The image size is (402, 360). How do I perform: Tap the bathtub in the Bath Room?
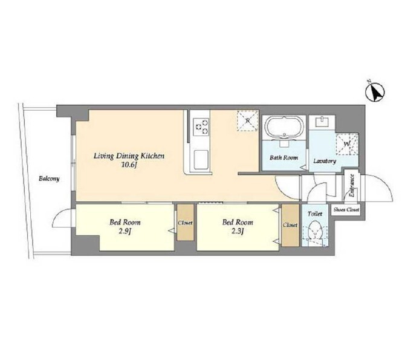[x=284, y=127]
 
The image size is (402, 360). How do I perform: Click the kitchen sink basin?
[x=201, y=160]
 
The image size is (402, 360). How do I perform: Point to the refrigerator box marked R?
[x=247, y=120]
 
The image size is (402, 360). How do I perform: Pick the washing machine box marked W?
[x=347, y=144]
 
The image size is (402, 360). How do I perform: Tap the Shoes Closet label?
[x=346, y=209]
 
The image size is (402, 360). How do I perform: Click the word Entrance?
[x=352, y=186]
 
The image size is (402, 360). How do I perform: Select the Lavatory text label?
[x=325, y=161]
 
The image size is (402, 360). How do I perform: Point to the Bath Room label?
[x=284, y=157]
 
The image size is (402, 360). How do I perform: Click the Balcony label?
[x=49, y=178]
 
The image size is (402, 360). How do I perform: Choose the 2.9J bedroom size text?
[x=125, y=232]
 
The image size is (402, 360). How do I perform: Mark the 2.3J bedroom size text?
[x=238, y=232]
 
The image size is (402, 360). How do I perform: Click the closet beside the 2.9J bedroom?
[x=186, y=223]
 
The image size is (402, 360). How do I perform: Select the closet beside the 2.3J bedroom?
[x=290, y=225]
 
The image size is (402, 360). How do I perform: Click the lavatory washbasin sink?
[x=322, y=122]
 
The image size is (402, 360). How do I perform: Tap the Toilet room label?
[x=315, y=214]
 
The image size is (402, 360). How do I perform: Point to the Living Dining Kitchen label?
[x=129, y=156]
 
